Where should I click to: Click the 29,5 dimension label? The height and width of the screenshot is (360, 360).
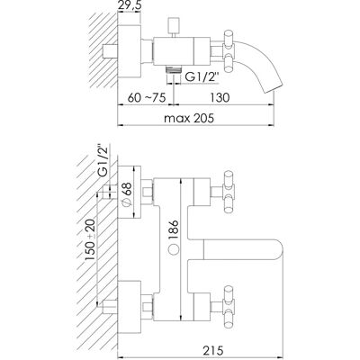tap(129, 5)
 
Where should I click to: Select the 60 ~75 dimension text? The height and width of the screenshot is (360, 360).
tap(147, 97)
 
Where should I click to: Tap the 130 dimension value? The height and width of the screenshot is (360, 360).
tap(220, 97)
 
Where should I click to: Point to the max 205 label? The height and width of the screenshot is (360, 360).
tap(189, 118)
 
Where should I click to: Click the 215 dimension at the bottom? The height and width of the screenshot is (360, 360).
tap(214, 350)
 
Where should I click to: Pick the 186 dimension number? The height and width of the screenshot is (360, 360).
tap(174, 230)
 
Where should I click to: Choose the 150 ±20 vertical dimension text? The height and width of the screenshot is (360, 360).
tap(91, 239)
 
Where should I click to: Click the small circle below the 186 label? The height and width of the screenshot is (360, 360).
tap(174, 249)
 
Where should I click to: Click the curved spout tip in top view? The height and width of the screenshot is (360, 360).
tap(273, 87)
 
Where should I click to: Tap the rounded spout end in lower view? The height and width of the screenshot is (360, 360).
tap(276, 249)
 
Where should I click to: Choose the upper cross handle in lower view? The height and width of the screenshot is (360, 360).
tap(229, 192)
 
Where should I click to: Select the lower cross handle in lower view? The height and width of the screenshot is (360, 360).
tap(229, 307)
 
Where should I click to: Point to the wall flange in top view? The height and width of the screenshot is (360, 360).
tap(130, 51)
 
